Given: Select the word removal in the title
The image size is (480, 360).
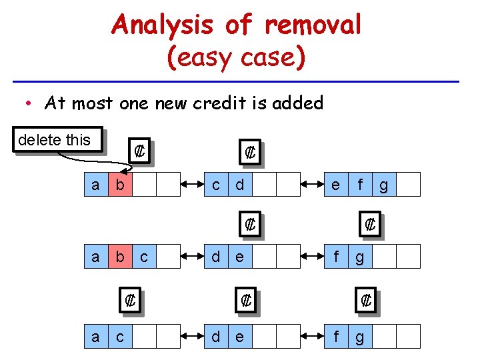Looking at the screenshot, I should point(313,25).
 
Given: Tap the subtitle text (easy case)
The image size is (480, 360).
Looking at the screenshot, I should point(237,57).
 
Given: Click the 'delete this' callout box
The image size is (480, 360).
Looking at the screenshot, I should point(59,140).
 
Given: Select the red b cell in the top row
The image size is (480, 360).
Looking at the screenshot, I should point(119,184).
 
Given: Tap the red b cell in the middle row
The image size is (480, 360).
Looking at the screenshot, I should point(119,256).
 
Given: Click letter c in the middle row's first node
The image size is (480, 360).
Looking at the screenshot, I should point(144,256).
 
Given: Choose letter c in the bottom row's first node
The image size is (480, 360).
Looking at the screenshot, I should point(119,337).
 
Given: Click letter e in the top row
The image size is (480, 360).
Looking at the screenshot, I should point(335,184).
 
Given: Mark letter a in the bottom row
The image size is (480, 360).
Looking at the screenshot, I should point(95,337).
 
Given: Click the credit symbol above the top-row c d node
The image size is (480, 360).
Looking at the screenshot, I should point(250,152).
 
